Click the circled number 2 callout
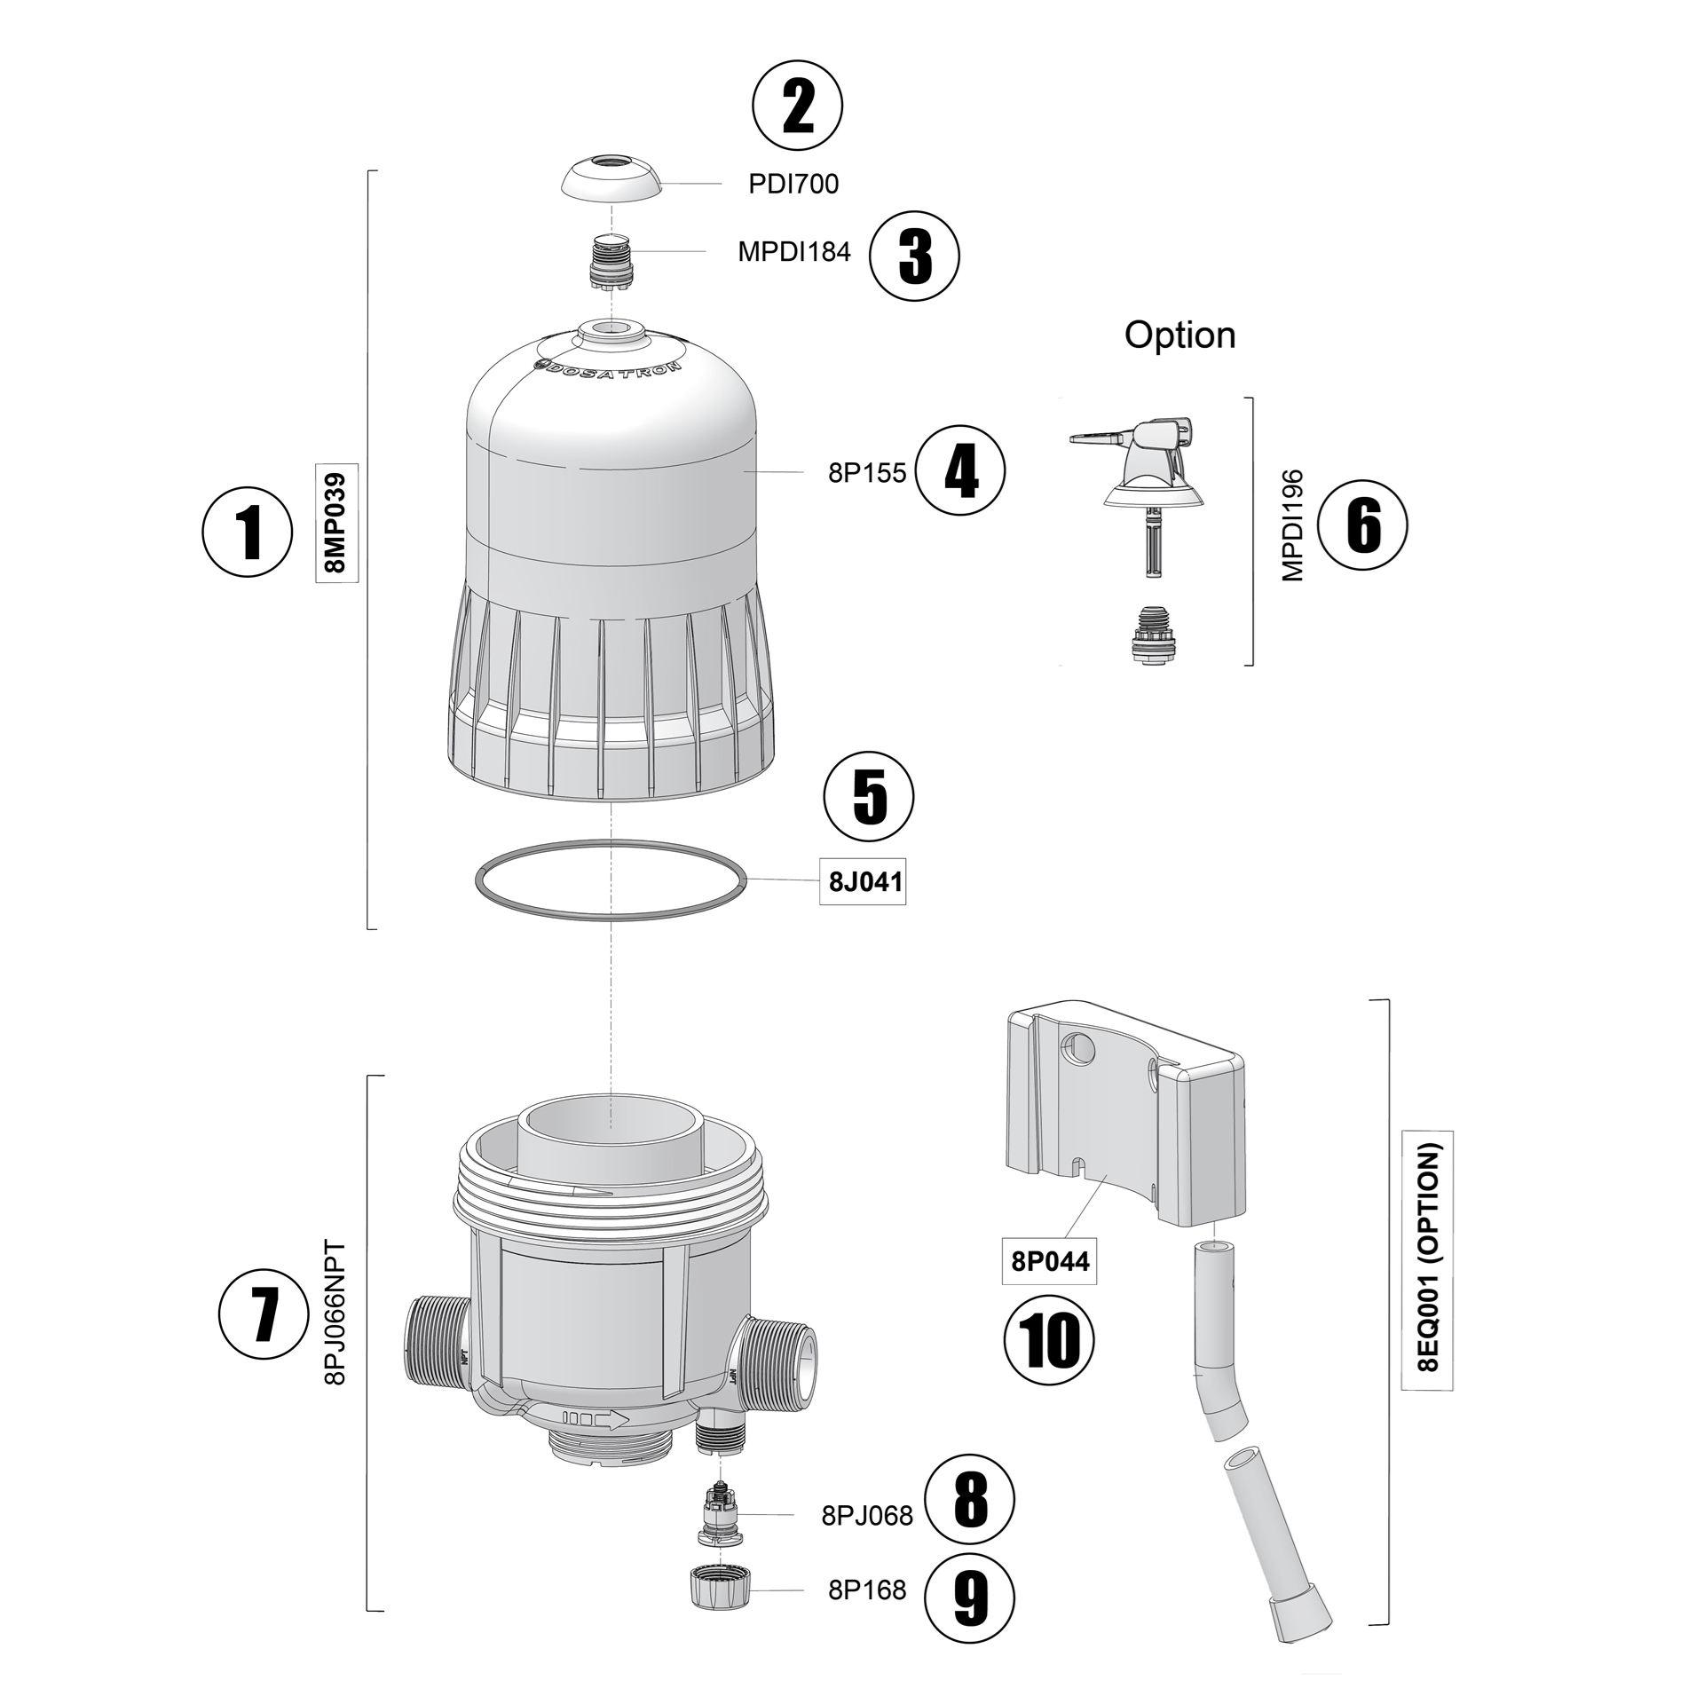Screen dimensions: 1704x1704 pyautogui.click(x=797, y=106)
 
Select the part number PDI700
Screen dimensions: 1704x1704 pyautogui.click(x=793, y=184)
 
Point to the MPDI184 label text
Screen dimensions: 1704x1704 pyautogui.click(x=793, y=252)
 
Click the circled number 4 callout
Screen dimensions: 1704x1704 pyautogui.click(x=960, y=470)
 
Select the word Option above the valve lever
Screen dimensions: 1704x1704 pyautogui.click(x=1179, y=335)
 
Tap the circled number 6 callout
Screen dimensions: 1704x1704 pyautogui.click(x=1362, y=525)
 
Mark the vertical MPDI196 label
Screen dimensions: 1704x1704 pyautogui.click(x=1293, y=525)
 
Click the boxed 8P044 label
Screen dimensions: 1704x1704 pyautogui.click(x=1050, y=1260)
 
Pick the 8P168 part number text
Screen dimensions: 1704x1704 pyautogui.click(x=867, y=1590)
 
